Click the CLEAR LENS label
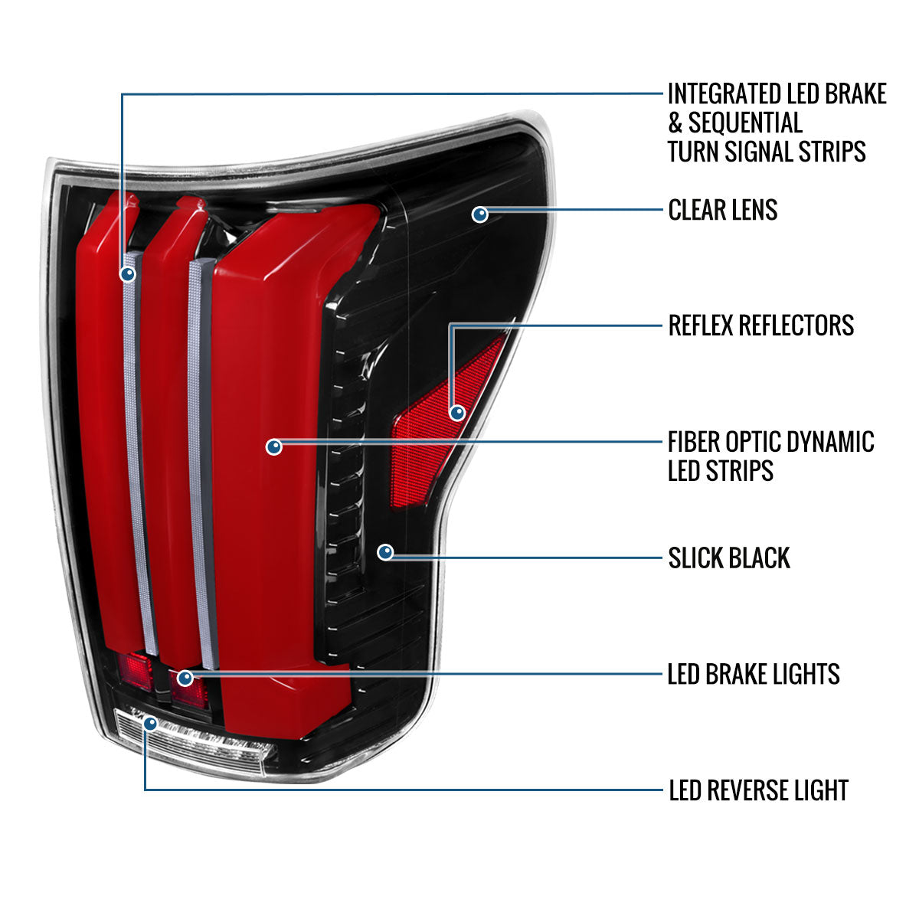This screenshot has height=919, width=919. pos(722,210)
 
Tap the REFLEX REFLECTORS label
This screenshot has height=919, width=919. pos(760,325)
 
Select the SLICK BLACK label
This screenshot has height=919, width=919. pos(728,558)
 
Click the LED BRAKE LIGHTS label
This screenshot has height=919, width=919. pos(754,675)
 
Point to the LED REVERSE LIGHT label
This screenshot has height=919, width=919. pos(758,790)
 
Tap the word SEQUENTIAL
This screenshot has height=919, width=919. pos(745,123)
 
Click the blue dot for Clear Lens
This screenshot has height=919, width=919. pos(479,214)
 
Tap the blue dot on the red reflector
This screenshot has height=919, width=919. pos(457,413)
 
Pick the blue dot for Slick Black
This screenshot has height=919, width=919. pos(385,551)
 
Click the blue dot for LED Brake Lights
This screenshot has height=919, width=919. pos(185,678)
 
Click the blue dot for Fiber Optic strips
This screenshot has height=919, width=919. pos(274,446)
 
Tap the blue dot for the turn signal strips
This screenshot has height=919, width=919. pos(127,273)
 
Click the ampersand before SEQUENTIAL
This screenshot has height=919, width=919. pos(675,123)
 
